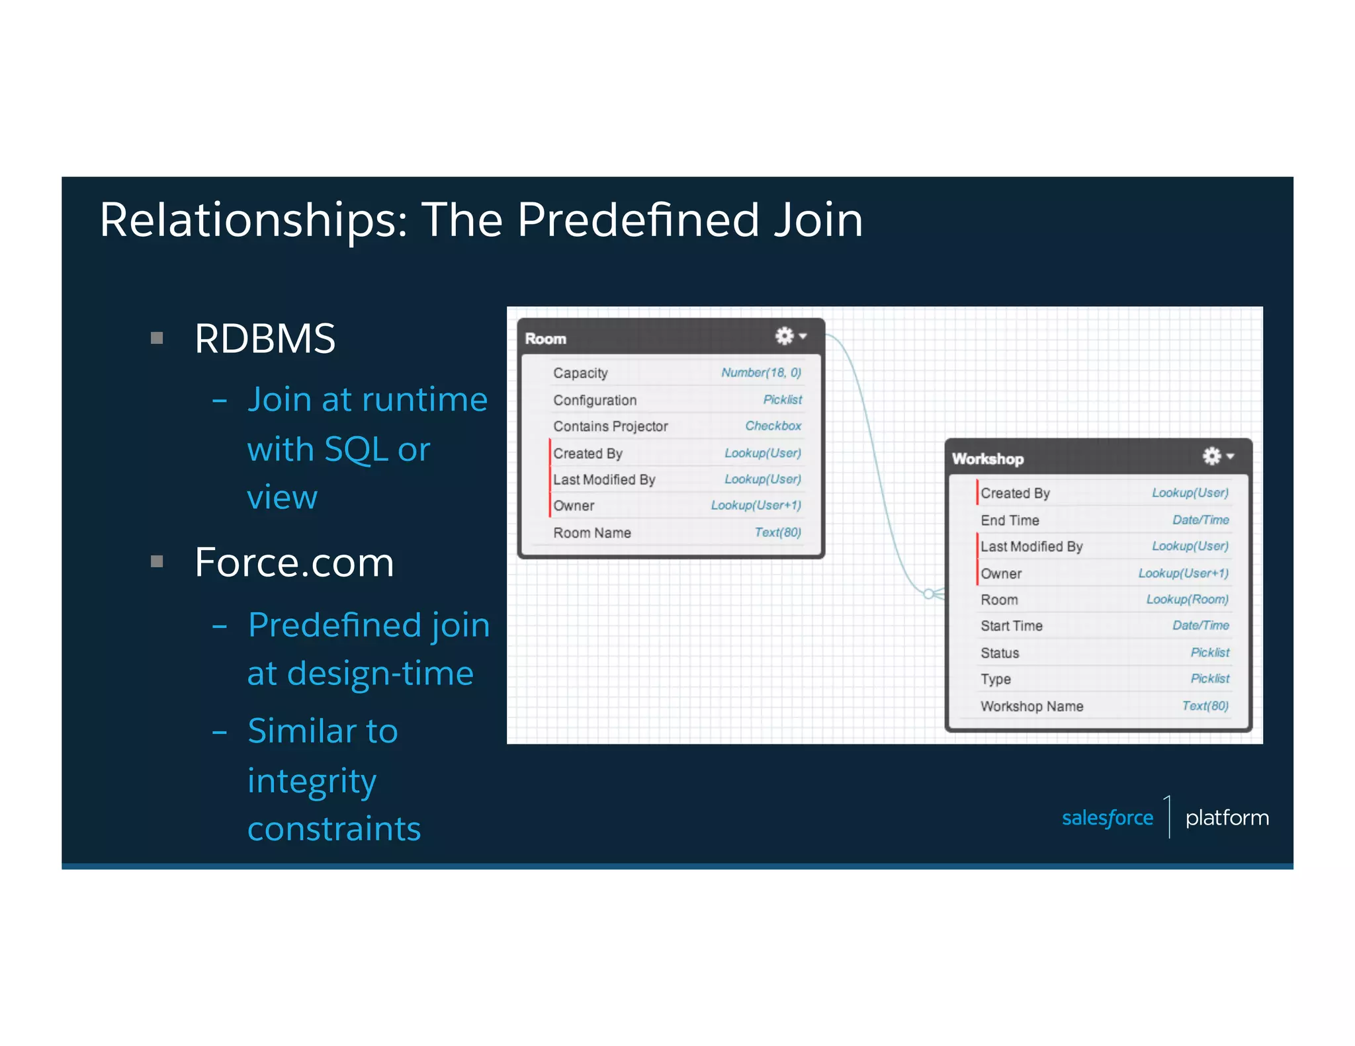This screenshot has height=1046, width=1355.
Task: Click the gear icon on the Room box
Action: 785,336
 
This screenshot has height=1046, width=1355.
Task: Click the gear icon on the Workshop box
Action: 1211,456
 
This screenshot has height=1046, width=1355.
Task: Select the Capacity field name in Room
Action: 580,373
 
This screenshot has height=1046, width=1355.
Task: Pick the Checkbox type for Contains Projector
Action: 773,426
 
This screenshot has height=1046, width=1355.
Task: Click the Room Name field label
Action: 592,533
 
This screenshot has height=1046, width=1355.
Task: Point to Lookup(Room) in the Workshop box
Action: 1187,599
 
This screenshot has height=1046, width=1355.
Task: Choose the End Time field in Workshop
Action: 1010,520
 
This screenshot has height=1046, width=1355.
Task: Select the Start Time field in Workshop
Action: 1011,625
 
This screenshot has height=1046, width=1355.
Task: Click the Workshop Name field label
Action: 1031,706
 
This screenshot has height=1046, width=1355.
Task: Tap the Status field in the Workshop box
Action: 1000,653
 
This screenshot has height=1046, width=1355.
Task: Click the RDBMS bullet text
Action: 265,339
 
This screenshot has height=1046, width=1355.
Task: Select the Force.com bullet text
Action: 294,563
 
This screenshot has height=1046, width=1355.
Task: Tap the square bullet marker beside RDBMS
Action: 157,339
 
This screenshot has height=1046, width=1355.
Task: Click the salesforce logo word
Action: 1107,818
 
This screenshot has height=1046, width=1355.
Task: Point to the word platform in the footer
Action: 1227,818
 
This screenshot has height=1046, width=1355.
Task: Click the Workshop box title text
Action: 987,459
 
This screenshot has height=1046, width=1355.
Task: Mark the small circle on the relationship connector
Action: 929,593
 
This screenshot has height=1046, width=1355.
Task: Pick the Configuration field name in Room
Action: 595,400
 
